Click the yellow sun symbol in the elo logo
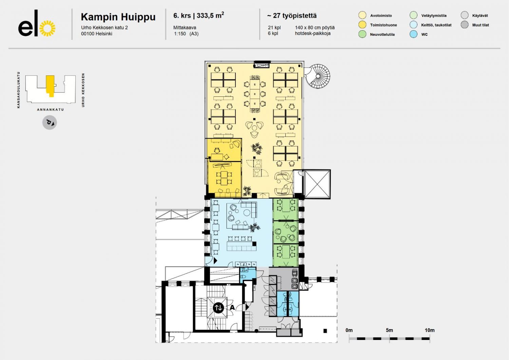coord(47,28)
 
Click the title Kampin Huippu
coord(118,17)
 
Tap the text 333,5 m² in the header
coord(210,16)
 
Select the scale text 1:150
coord(180,34)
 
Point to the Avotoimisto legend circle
coord(362,15)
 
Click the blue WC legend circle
coord(413,34)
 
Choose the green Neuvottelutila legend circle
coord(362,34)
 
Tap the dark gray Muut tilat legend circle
coord(465,24)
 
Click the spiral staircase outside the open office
coord(318,76)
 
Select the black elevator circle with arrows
coord(219,308)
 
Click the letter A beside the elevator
coord(232,307)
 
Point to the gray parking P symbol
coord(50,123)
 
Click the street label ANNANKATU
coord(51,110)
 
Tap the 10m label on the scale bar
coord(430,330)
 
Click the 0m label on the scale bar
coord(349,330)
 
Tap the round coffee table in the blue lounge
coord(247,213)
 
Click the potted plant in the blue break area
coord(254,227)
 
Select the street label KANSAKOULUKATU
coord(18,90)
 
